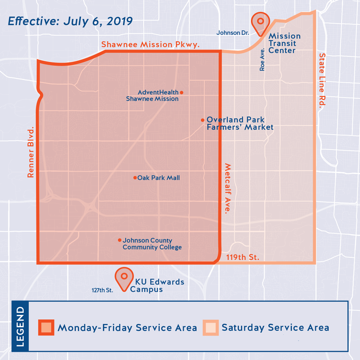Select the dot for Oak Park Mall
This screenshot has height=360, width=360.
135,178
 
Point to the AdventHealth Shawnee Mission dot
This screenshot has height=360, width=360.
181,92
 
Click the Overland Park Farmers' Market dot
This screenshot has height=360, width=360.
202,120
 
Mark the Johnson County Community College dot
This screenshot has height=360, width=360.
119,240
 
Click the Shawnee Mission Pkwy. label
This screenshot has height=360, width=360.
150,44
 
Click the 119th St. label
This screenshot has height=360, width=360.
243,257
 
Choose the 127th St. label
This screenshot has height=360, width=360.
102,290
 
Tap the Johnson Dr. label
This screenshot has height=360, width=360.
233,33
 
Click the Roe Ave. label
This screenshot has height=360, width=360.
262,60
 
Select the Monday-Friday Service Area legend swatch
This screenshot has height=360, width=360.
46,327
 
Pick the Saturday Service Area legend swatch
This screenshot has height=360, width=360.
210,327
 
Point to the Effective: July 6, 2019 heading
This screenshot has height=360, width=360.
70,21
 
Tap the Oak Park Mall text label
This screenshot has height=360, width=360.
158,178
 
